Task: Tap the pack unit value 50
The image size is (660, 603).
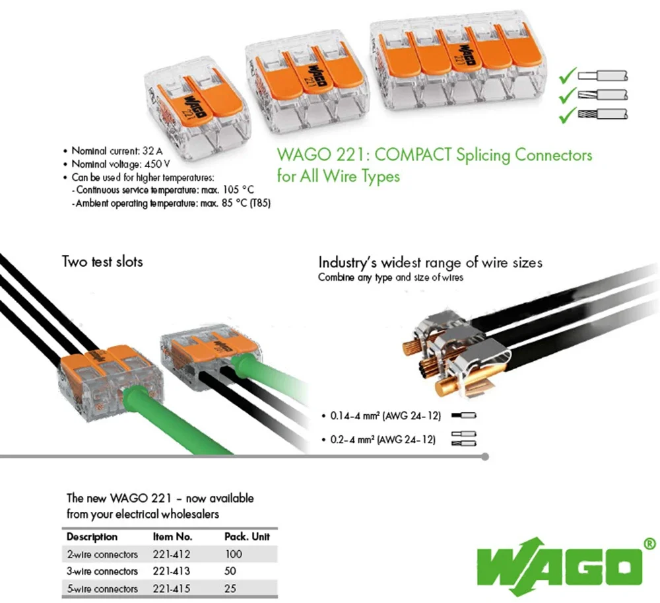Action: tap(230, 571)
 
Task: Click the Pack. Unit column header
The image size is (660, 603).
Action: tap(247, 537)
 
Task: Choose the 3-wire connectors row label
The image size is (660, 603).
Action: tap(102, 571)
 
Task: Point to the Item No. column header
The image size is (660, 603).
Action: tap(172, 537)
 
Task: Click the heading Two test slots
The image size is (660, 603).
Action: tap(102, 261)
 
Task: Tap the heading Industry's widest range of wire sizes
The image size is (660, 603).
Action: tap(430, 262)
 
